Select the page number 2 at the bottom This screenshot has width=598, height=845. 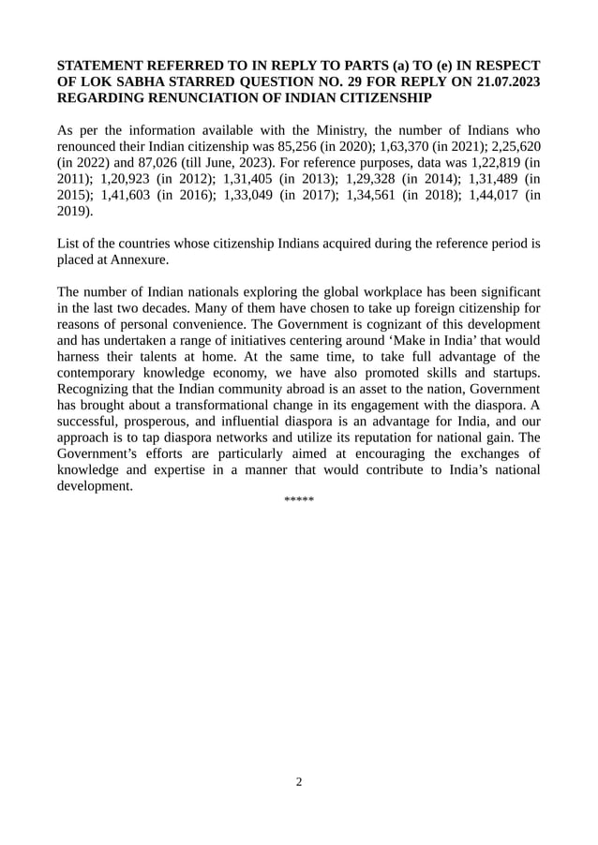click(x=299, y=782)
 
